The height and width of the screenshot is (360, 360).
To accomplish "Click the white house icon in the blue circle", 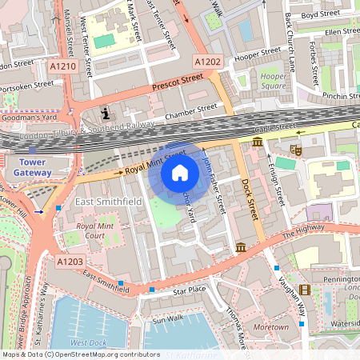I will (x=180, y=173).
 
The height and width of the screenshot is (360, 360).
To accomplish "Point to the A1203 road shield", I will (x=70, y=260).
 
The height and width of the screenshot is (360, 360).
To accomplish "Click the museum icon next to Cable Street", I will (x=258, y=142).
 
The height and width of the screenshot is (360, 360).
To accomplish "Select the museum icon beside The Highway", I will (x=241, y=249).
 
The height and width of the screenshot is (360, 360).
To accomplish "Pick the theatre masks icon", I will (x=295, y=149).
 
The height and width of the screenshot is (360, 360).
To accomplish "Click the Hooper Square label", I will (x=274, y=80).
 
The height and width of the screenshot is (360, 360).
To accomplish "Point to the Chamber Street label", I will (x=190, y=111).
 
